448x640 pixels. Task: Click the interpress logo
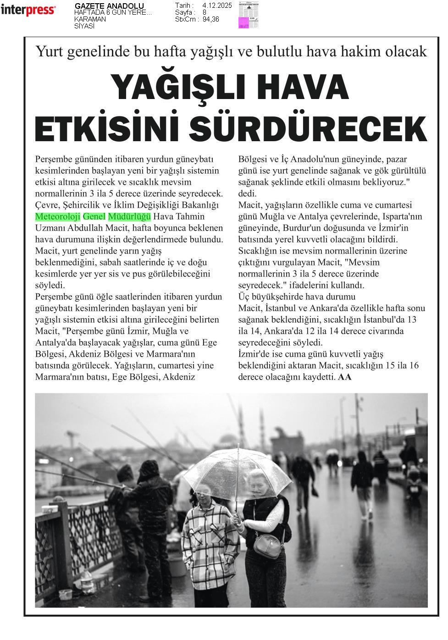[x=28, y=10]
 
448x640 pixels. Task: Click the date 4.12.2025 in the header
[x=217, y=6]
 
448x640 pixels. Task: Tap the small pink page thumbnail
[x=249, y=16]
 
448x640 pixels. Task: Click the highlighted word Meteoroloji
[x=58, y=216]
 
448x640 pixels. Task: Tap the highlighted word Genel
[x=94, y=216]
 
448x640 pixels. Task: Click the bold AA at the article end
[x=345, y=377]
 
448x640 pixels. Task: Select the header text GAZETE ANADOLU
[x=109, y=6]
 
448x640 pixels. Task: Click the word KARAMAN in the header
[x=90, y=19]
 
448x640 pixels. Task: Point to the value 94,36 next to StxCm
[x=211, y=19]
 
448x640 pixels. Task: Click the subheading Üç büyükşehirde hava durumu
[x=297, y=297]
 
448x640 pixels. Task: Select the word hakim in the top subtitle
[x=358, y=51]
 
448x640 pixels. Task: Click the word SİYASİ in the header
[x=84, y=26]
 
